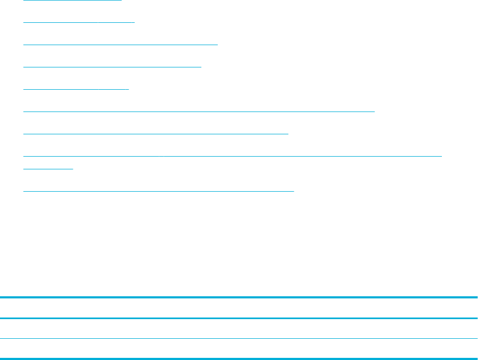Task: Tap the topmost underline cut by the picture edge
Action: pyautogui.click(x=73, y=1)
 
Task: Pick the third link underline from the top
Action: pyautogui.click(x=121, y=45)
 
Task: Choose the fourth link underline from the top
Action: pyautogui.click(x=113, y=67)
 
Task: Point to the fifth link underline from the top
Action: pyautogui.click(x=76, y=89)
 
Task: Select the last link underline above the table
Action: pyautogui.click(x=159, y=190)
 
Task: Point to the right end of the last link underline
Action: pyautogui.click(x=293, y=190)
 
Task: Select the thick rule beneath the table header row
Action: pyautogui.click(x=239, y=319)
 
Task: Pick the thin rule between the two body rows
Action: pyautogui.click(x=239, y=339)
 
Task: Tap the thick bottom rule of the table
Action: pyautogui.click(x=239, y=359)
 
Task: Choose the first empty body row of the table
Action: pyautogui.click(x=239, y=329)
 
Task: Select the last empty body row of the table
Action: pyautogui.click(x=239, y=349)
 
